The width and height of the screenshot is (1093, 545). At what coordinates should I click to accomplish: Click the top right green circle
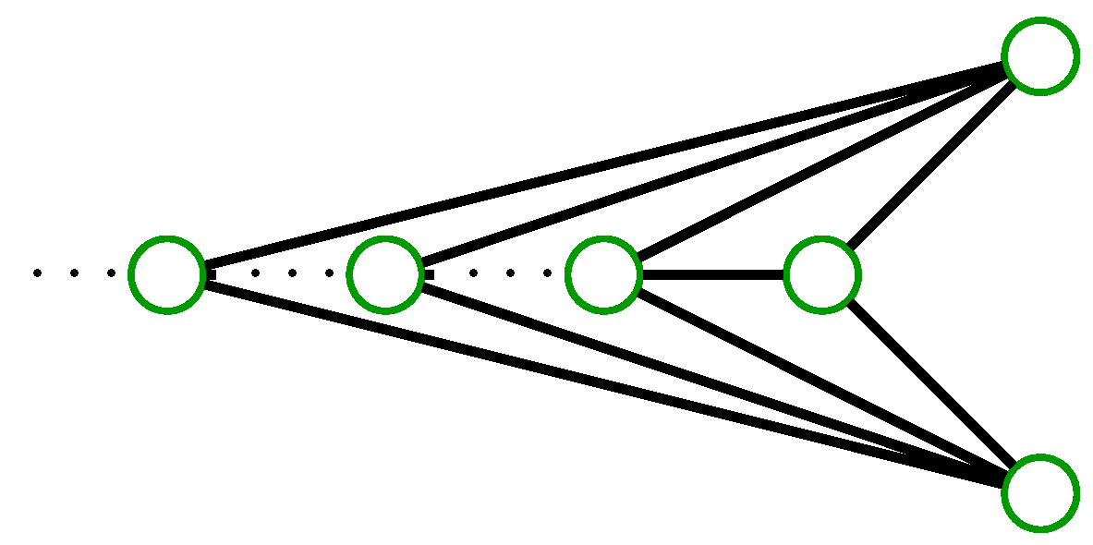[x=1040, y=56]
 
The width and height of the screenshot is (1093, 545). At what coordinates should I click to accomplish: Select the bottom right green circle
[x=1040, y=493]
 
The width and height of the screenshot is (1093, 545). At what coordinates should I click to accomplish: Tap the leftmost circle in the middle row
[x=166, y=274]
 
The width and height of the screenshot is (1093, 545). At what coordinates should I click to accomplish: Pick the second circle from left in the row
[x=384, y=274]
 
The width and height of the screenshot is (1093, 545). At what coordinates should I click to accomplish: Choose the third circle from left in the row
[x=603, y=274]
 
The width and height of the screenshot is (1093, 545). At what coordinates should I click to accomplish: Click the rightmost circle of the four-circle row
[x=821, y=274]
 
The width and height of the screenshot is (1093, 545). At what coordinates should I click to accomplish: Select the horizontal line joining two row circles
[x=712, y=274]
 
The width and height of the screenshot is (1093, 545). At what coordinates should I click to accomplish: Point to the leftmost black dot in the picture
[x=37, y=273]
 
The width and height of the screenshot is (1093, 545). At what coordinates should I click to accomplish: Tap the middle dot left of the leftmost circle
[x=74, y=273]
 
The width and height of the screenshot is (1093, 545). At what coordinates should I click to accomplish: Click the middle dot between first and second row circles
[x=292, y=273]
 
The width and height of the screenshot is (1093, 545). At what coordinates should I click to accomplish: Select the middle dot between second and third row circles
[x=510, y=273]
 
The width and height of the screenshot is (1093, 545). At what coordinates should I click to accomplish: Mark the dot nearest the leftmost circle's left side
[x=111, y=273]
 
